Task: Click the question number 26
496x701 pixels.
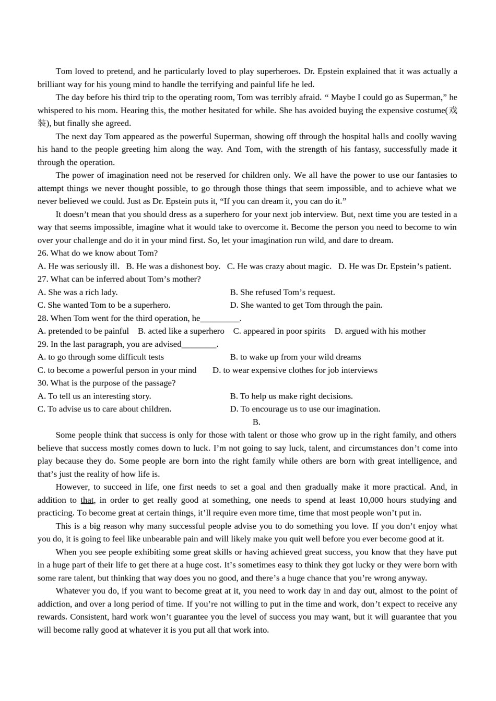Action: click(x=42, y=253)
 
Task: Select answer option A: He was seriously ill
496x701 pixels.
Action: click(x=78, y=267)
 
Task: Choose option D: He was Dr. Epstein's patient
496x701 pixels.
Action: click(x=394, y=267)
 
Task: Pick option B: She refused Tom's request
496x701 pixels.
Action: click(x=282, y=293)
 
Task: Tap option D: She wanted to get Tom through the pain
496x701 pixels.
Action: click(x=306, y=305)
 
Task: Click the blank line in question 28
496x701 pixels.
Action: click(x=220, y=319)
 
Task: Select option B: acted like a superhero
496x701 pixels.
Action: click(x=181, y=331)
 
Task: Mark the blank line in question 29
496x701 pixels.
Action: click(x=199, y=344)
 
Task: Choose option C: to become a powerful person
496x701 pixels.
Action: click(x=117, y=370)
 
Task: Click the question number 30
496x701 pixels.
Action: click(x=42, y=383)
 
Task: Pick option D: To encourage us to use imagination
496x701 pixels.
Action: click(x=305, y=409)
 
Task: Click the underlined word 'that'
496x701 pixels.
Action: click(x=87, y=500)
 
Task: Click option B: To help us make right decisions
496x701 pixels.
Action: click(x=291, y=396)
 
